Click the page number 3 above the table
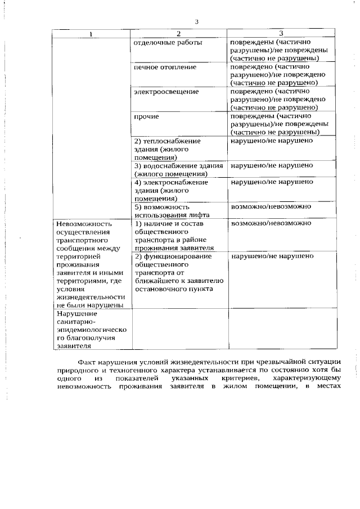(x=196, y=22)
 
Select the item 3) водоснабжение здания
(x=178, y=169)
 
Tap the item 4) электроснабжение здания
(x=170, y=190)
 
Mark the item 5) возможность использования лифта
(x=172, y=210)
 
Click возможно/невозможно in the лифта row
(x=271, y=206)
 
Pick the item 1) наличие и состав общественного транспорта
(x=174, y=235)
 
